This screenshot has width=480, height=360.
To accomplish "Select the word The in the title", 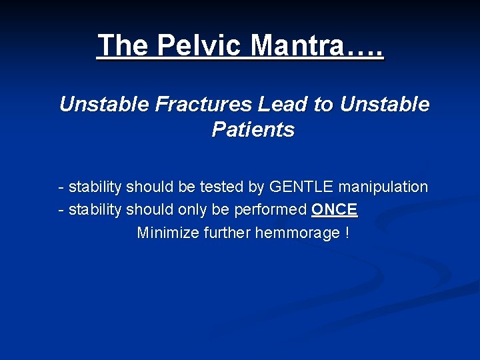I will [x=123, y=45].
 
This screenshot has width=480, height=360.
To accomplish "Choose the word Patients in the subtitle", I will [x=253, y=130].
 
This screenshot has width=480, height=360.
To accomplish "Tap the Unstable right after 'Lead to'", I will [x=385, y=105].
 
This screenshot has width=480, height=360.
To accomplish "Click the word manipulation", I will [x=385, y=187].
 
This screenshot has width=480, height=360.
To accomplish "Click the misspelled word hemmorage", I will [x=298, y=234].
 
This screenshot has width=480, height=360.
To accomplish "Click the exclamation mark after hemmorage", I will [x=347, y=234].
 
